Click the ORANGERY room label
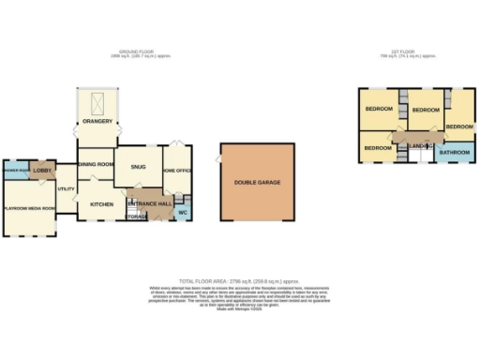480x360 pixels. pyautogui.click(x=97, y=121)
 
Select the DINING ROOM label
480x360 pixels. pyautogui.click(x=96, y=164)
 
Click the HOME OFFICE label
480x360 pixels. pyautogui.click(x=177, y=171)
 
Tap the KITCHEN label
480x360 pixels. pyautogui.click(x=101, y=203)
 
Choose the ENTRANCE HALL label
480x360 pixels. pyautogui.click(x=150, y=203)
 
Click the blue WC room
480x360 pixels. pyautogui.click(x=184, y=212)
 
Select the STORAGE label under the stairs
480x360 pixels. pyautogui.click(x=137, y=217)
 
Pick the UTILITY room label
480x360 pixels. pyautogui.click(x=66, y=189)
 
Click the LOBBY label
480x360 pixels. pyautogui.click(x=42, y=171)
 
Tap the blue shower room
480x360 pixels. pyautogui.click(x=14, y=171)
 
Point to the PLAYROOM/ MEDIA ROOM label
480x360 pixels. pyautogui.click(x=29, y=207)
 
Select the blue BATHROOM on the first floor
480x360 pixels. pyautogui.click(x=455, y=151)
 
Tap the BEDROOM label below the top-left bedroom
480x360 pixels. pyautogui.click(x=378, y=148)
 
